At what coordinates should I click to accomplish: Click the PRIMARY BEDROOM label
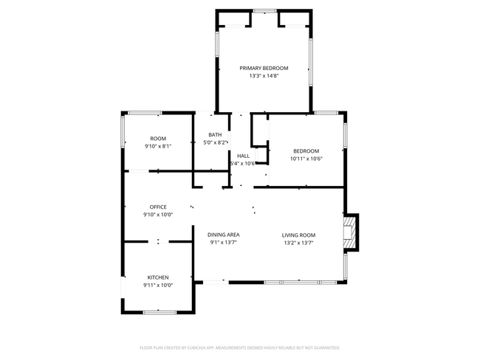tap(264, 68)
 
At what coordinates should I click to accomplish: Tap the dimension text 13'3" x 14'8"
tap(264, 75)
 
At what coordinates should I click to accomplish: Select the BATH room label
tap(215, 135)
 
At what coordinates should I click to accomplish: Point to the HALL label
tap(243, 156)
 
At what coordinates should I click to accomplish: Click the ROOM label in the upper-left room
tap(158, 139)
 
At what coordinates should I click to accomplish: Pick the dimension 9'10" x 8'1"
tap(158, 146)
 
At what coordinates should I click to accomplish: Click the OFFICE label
tap(158, 207)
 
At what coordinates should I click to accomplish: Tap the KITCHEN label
tap(158, 277)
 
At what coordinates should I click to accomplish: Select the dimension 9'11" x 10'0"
tap(158, 285)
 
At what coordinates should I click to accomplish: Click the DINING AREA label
tap(224, 235)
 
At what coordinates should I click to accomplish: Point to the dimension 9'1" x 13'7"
tap(224, 242)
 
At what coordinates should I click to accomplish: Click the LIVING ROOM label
tap(298, 235)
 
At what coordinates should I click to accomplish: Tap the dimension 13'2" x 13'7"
tap(298, 242)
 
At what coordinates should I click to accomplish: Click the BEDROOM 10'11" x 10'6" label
tap(306, 151)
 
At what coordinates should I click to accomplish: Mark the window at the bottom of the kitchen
tap(158, 313)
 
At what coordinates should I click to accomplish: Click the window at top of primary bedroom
tap(264, 10)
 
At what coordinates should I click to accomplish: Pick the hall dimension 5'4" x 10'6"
tap(242, 163)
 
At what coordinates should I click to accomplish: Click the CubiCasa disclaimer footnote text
tap(239, 347)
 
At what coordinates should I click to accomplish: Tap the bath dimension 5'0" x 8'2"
tap(215, 142)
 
